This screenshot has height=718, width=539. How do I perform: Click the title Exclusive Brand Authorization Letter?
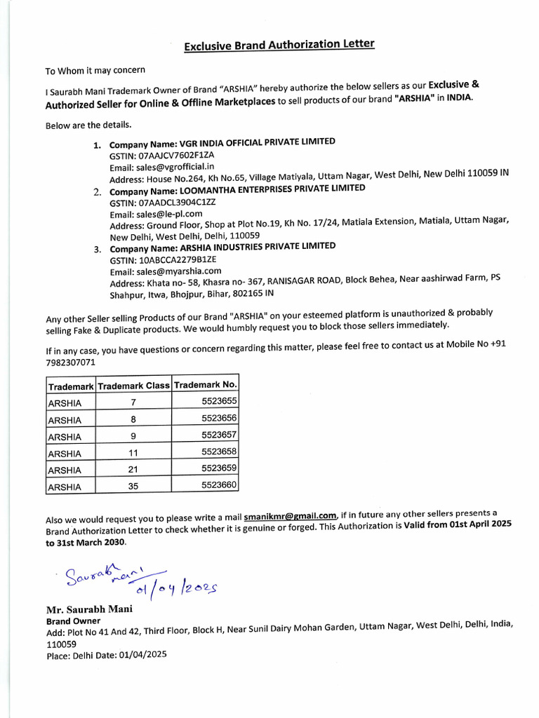pos(279,46)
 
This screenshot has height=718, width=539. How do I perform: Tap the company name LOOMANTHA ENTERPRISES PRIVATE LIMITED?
pos(237,189)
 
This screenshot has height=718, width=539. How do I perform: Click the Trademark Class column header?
pos(133,386)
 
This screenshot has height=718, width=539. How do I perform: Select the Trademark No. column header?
pos(205,385)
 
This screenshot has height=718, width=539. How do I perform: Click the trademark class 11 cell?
pos(133,453)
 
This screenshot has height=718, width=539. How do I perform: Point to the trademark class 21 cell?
pos(133,470)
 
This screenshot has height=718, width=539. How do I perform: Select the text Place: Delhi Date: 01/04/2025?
pos(107,654)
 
